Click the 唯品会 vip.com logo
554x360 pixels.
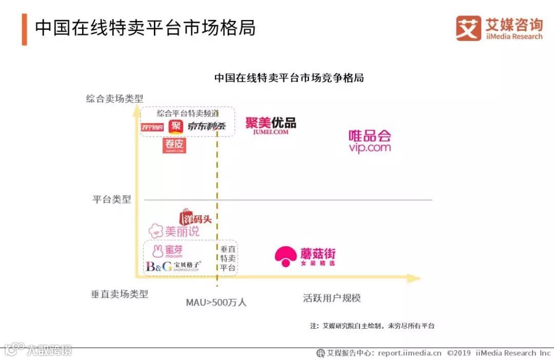pos(370,141)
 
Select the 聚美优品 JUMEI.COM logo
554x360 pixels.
pos(270,126)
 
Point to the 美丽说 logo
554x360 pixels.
pos(174,231)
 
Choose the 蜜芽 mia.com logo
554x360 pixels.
pos(167,251)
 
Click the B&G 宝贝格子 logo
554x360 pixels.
pos(173,266)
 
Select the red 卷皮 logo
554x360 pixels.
pos(174,145)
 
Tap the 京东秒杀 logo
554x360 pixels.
pos(207,126)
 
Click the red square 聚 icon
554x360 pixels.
pos(176,126)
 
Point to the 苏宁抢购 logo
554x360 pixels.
pos(152,127)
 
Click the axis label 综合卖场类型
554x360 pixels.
pos(114,98)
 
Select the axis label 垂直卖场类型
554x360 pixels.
pos(120,294)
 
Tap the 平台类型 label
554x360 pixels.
pos(112,199)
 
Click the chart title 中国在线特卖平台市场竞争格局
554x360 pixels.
pos(289,78)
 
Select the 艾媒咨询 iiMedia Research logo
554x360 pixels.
pos(499,28)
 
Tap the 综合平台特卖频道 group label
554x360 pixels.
pos(188,113)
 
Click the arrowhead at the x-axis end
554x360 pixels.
pos(414,278)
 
